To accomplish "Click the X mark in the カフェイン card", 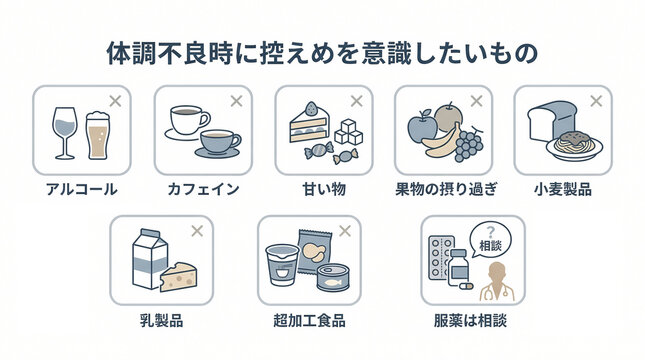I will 236,101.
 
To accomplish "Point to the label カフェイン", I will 203,188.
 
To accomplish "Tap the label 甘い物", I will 324,188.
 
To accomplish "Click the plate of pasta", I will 574,144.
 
